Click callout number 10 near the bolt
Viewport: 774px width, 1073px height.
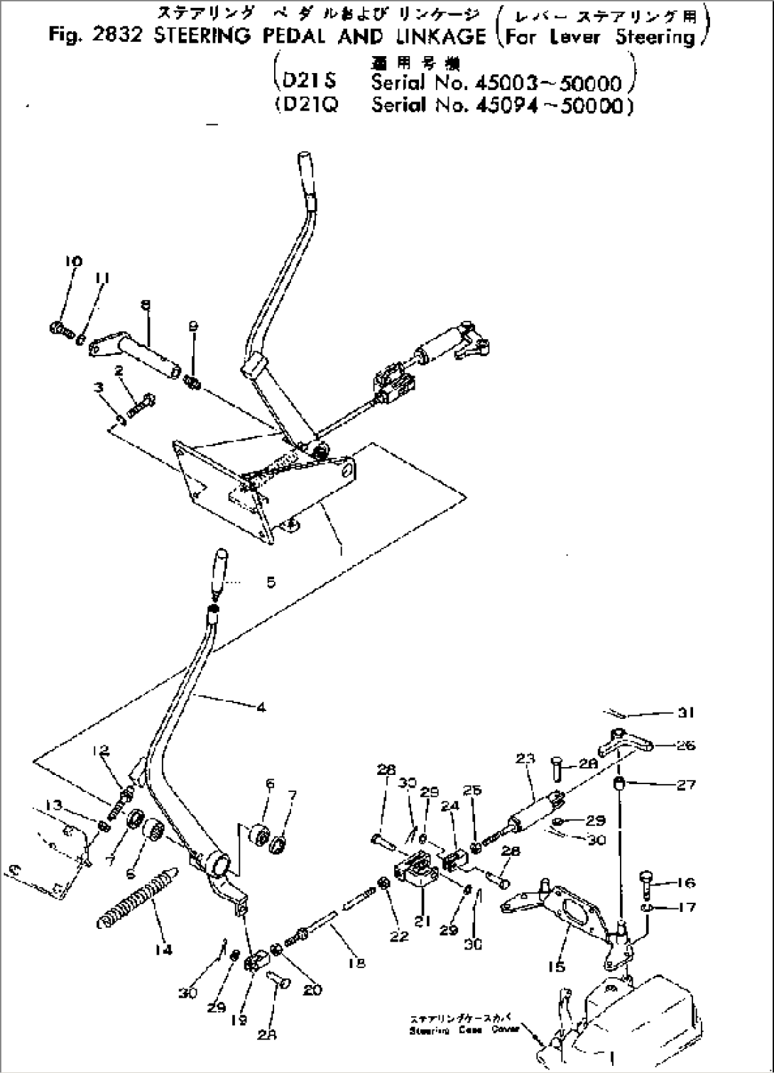point(73,261)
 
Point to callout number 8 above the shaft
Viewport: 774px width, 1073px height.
point(146,304)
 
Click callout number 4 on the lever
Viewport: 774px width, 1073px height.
point(261,707)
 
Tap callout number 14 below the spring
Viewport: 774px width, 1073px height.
point(164,950)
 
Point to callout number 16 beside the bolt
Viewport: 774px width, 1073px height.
point(685,883)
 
